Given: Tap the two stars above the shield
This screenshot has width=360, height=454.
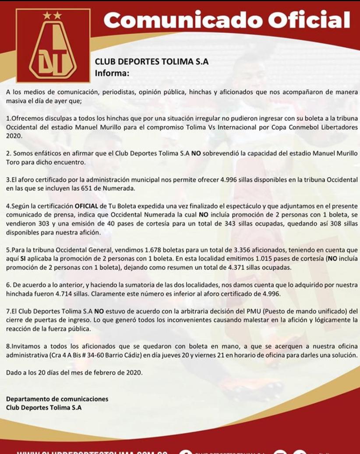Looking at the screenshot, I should click(x=53, y=15).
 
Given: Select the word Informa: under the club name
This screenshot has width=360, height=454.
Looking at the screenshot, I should click(x=112, y=73).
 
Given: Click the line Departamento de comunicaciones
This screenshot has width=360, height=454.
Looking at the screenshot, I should click(x=57, y=399).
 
